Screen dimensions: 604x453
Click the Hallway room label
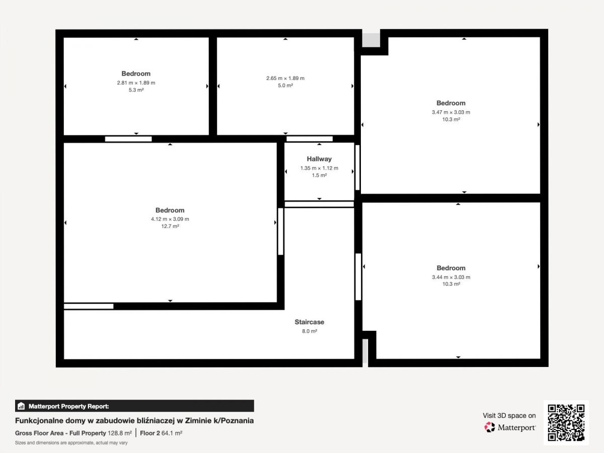coord(319,159)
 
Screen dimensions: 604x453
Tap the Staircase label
coord(309,322)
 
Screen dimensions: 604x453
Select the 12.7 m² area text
coord(170,226)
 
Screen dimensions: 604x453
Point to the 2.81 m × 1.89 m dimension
coord(136,83)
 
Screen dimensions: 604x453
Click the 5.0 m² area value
coord(285,86)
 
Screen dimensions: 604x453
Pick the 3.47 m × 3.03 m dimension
coord(451,112)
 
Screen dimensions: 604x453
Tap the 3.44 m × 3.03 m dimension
coord(451,277)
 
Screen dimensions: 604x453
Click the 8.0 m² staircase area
coord(310,331)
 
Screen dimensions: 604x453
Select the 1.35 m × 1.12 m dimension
coord(319,168)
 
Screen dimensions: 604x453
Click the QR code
coord(566,423)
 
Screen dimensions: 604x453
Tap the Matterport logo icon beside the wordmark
coord(490,427)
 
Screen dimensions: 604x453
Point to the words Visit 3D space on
coord(509,416)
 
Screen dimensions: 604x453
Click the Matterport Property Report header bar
coord(134,406)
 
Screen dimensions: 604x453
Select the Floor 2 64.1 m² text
coord(161,433)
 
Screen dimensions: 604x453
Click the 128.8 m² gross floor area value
coord(120,433)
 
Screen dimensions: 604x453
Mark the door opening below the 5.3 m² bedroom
coord(128,139)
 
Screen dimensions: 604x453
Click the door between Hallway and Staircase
coord(319,204)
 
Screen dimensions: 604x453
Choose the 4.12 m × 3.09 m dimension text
coord(170,219)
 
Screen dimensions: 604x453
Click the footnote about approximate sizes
coord(71,443)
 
